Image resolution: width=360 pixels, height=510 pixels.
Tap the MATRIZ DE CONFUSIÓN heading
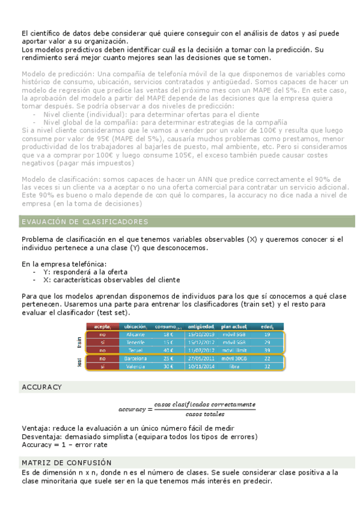coord(66,462)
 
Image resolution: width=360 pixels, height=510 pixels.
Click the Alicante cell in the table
coord(136,334)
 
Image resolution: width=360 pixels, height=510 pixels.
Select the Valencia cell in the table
coord(136,366)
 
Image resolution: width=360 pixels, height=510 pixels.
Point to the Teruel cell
coord(136,349)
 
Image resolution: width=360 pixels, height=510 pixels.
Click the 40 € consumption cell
coord(168,349)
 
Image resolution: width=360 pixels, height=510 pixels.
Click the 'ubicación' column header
coord(135,327)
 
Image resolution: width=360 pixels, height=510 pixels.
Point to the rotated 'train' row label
coord(79,342)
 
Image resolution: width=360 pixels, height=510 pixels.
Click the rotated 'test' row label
coord(79,362)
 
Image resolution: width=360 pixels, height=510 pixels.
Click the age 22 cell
coord(267,358)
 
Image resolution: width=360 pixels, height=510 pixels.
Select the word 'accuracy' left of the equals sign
coord(132,410)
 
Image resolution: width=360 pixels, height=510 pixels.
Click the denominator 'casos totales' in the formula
coord(206,414)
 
